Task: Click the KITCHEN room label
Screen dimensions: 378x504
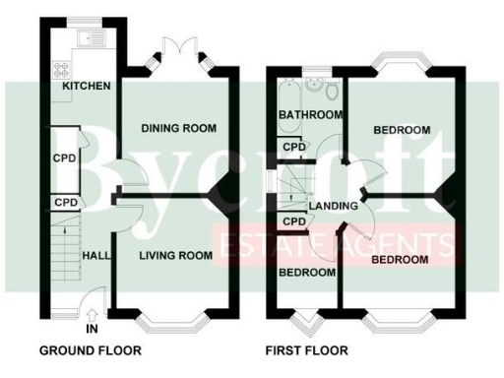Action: (87, 87)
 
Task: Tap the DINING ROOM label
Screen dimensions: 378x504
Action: (178, 129)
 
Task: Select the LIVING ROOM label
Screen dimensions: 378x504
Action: (175, 256)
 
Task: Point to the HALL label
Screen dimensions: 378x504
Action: (95, 255)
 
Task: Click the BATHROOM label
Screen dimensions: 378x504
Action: (310, 115)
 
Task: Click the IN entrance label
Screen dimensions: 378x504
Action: (92, 328)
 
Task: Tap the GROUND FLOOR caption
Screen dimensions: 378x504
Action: (90, 350)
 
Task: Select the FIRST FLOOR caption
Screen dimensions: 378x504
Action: (306, 350)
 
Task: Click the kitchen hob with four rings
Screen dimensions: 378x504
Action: (61, 69)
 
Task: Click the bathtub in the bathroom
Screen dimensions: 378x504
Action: (287, 96)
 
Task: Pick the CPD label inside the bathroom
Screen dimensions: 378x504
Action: (293, 148)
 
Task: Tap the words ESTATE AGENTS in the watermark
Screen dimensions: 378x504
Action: (341, 243)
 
